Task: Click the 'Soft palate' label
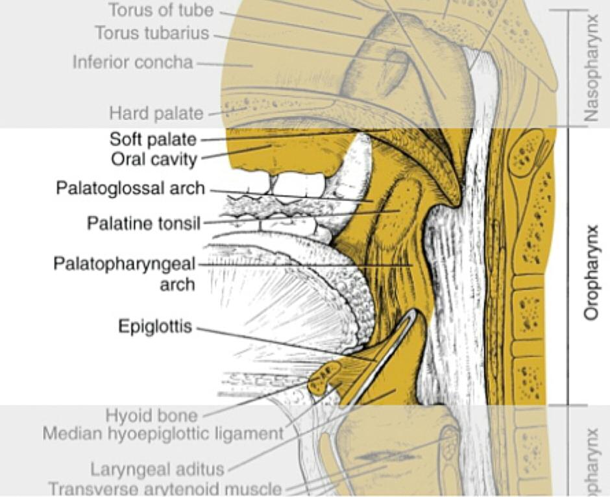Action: pos(152,139)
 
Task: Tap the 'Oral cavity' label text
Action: pos(154,158)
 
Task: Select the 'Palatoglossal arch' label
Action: pos(130,189)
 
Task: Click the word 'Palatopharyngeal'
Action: pos(124,265)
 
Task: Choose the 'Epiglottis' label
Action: pos(155,326)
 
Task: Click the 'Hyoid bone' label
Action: pos(152,415)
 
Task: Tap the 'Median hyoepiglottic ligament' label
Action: pos(163,433)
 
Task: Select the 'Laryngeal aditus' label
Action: pos(157,469)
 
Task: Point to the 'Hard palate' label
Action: pos(156,114)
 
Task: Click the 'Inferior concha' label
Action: pos(132,63)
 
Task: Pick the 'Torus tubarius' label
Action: pos(152,33)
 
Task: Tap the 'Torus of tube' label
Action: pos(161,10)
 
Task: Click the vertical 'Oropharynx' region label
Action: pos(591,273)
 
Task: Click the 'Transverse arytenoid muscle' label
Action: pos(165,489)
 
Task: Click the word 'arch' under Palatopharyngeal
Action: pos(177,284)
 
